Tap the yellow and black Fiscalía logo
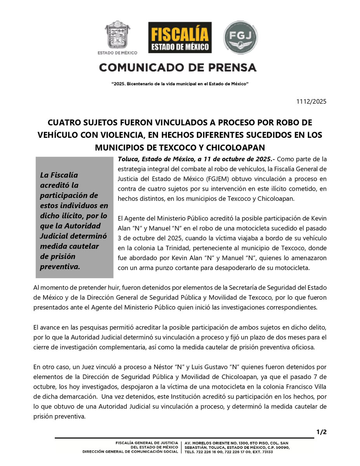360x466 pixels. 180,37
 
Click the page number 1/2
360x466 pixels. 321,432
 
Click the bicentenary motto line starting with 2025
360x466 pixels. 180,84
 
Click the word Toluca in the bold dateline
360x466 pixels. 127,159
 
